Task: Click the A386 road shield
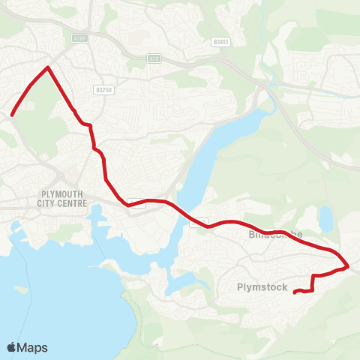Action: pyautogui.click(x=80, y=37)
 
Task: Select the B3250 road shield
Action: pyautogui.click(x=103, y=89)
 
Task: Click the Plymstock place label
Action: pyautogui.click(x=262, y=286)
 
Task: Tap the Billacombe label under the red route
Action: pyautogui.click(x=275, y=235)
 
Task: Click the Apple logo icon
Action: pyautogui.click(x=12, y=347)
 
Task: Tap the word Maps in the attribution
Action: pyautogui.click(x=33, y=347)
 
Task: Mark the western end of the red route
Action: pyautogui.click(x=12, y=115)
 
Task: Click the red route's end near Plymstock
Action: pyautogui.click(x=294, y=292)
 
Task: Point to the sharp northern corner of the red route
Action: pyautogui.click(x=48, y=67)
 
